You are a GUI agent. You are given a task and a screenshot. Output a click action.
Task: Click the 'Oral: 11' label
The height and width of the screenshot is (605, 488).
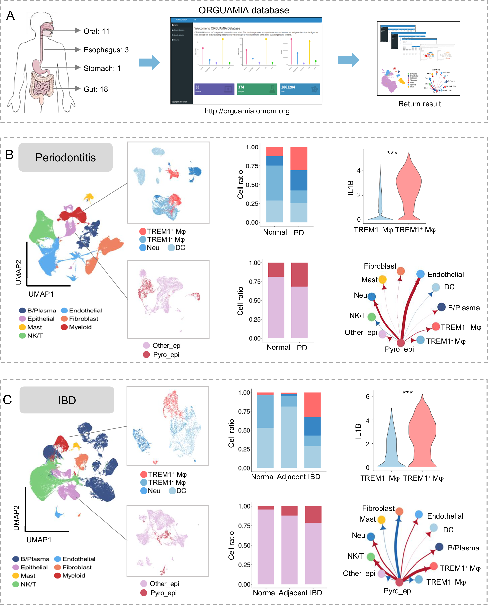96,31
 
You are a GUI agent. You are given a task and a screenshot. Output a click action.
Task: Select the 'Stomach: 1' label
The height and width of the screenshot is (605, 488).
102,68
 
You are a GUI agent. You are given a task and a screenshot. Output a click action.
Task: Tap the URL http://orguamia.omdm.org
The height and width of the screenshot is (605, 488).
247,111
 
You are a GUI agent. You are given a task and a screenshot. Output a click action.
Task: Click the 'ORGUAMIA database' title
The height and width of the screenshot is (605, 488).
244,10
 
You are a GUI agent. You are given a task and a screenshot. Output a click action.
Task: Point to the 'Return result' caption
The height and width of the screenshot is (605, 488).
419,104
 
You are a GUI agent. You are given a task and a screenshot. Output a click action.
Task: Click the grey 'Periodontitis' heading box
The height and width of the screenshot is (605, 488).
66,157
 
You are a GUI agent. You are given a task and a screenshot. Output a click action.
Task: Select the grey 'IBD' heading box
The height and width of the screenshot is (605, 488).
67,400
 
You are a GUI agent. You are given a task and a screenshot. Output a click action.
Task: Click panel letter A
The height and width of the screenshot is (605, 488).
10,16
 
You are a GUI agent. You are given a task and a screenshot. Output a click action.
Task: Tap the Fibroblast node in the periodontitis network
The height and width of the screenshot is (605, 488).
400,271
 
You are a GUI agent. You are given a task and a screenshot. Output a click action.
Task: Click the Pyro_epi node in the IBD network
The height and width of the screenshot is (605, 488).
399,582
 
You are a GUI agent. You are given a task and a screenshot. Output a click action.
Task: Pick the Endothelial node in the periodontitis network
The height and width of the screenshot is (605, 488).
420,274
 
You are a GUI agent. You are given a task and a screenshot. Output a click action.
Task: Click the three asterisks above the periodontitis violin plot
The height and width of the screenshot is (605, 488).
392,153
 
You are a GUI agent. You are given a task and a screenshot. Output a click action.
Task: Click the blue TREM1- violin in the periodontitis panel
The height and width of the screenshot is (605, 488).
380,208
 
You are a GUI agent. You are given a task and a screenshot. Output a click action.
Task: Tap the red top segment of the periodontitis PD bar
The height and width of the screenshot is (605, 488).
299,159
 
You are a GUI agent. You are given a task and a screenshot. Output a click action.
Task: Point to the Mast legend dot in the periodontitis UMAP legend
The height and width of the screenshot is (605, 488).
22,327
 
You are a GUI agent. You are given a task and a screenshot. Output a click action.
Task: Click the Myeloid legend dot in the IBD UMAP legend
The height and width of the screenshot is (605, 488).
58,575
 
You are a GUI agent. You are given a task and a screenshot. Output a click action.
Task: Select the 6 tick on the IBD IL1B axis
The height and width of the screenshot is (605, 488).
367,396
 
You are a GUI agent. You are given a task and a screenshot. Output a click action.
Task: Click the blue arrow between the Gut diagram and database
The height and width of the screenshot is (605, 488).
149,62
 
